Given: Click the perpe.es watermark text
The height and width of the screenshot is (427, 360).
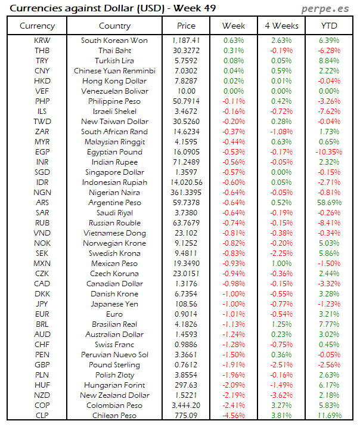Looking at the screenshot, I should tap(327, 8).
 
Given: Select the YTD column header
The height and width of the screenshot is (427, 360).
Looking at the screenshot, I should tap(328, 26).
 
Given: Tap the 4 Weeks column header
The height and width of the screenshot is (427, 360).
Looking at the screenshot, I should tap(281, 26).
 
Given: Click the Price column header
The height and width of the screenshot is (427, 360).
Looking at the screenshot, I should tap(186, 26).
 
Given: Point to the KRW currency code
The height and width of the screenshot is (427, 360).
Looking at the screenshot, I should tap(42, 41).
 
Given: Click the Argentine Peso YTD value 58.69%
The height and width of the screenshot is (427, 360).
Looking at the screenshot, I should tap(329, 203).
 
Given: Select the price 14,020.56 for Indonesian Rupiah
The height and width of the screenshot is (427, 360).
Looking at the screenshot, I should tap(186, 182).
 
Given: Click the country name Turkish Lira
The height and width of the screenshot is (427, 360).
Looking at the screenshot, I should tap(114, 61).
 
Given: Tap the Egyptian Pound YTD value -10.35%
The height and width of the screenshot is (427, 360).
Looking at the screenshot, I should tap(329, 152).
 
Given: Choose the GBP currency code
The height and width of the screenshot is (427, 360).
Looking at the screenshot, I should tap(42, 365).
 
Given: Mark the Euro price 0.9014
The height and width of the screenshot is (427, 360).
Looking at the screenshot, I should tap(186, 314).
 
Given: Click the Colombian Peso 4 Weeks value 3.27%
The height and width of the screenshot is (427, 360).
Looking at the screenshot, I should tap(281, 406).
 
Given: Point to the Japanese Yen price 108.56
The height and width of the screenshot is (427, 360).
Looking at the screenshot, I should tap(186, 304).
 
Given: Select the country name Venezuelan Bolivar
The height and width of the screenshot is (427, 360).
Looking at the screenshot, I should tap(114, 91).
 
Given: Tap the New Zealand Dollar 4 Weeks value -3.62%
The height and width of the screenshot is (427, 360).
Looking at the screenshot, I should tap(281, 395).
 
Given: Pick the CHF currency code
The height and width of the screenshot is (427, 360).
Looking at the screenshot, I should tap(42, 345).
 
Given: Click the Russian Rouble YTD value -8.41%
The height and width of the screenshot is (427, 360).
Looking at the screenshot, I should tap(329, 223).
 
